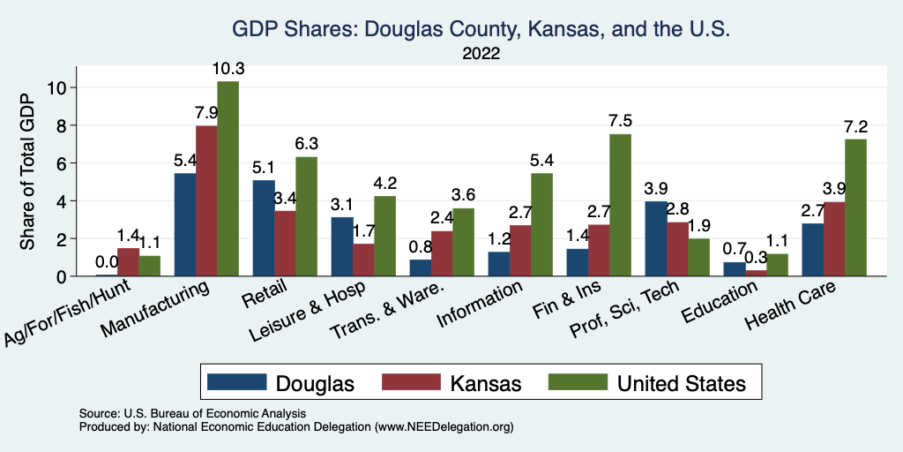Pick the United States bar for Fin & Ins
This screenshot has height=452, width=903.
(x=620, y=205)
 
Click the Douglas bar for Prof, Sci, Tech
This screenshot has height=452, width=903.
(x=655, y=238)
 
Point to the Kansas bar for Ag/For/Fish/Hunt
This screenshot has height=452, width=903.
(x=128, y=262)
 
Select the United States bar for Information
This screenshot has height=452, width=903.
(x=541, y=224)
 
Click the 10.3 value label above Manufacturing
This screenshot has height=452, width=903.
(x=228, y=68)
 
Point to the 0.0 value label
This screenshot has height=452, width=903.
(x=107, y=261)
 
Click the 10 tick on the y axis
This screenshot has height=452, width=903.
(x=57, y=87)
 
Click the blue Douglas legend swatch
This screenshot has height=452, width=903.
(x=236, y=382)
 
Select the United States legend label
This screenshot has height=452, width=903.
(x=681, y=383)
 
